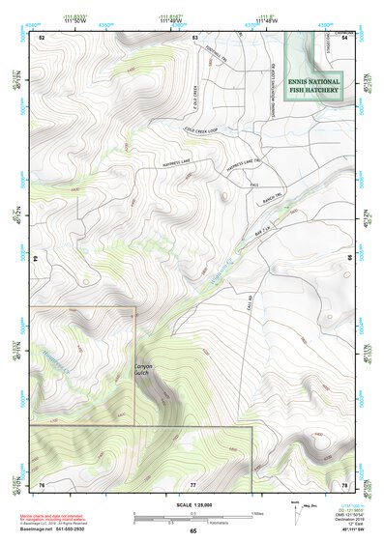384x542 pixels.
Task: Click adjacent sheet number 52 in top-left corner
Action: (x=42, y=37)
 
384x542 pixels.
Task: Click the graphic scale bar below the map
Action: (x=193, y=515)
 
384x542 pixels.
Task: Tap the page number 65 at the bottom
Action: (x=192, y=531)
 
